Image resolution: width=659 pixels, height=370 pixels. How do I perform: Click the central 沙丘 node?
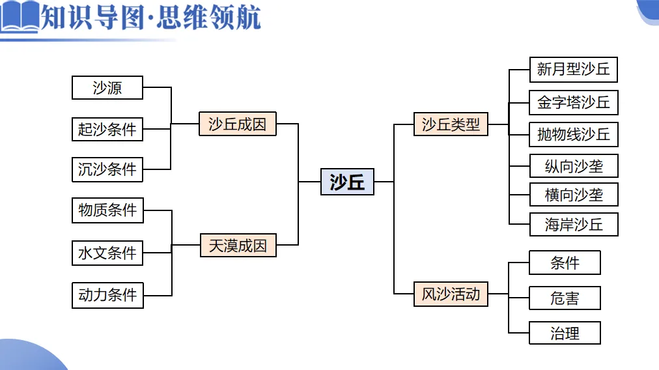[347, 182]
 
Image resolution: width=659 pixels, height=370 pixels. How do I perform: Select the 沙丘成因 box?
[238, 124]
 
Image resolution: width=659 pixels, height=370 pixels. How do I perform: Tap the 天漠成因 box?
[238, 246]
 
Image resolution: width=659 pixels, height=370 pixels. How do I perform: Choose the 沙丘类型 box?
[451, 124]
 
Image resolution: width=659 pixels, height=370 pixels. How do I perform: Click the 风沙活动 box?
[451, 294]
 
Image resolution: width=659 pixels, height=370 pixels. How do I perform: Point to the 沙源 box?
[107, 88]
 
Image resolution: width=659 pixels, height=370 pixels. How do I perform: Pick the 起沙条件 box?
[107, 129]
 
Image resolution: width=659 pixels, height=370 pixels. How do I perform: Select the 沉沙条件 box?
[107, 169]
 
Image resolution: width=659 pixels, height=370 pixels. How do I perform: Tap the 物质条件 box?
[107, 210]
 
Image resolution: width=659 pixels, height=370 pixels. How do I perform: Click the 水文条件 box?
[107, 253]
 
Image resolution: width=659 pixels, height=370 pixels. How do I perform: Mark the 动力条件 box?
[107, 295]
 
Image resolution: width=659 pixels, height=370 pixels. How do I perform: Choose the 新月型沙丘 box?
[573, 70]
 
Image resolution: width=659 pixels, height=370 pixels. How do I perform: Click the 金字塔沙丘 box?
[573, 102]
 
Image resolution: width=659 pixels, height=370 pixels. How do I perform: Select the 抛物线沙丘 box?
[573, 134]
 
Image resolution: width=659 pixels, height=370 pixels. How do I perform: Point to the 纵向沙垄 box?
[573, 166]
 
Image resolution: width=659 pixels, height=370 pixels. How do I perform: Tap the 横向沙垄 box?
[573, 195]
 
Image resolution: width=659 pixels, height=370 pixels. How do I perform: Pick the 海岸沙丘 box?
[573, 225]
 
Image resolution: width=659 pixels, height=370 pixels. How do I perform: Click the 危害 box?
[565, 298]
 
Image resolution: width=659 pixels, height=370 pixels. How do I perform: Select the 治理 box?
[565, 333]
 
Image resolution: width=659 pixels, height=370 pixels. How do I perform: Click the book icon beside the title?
[20, 18]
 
